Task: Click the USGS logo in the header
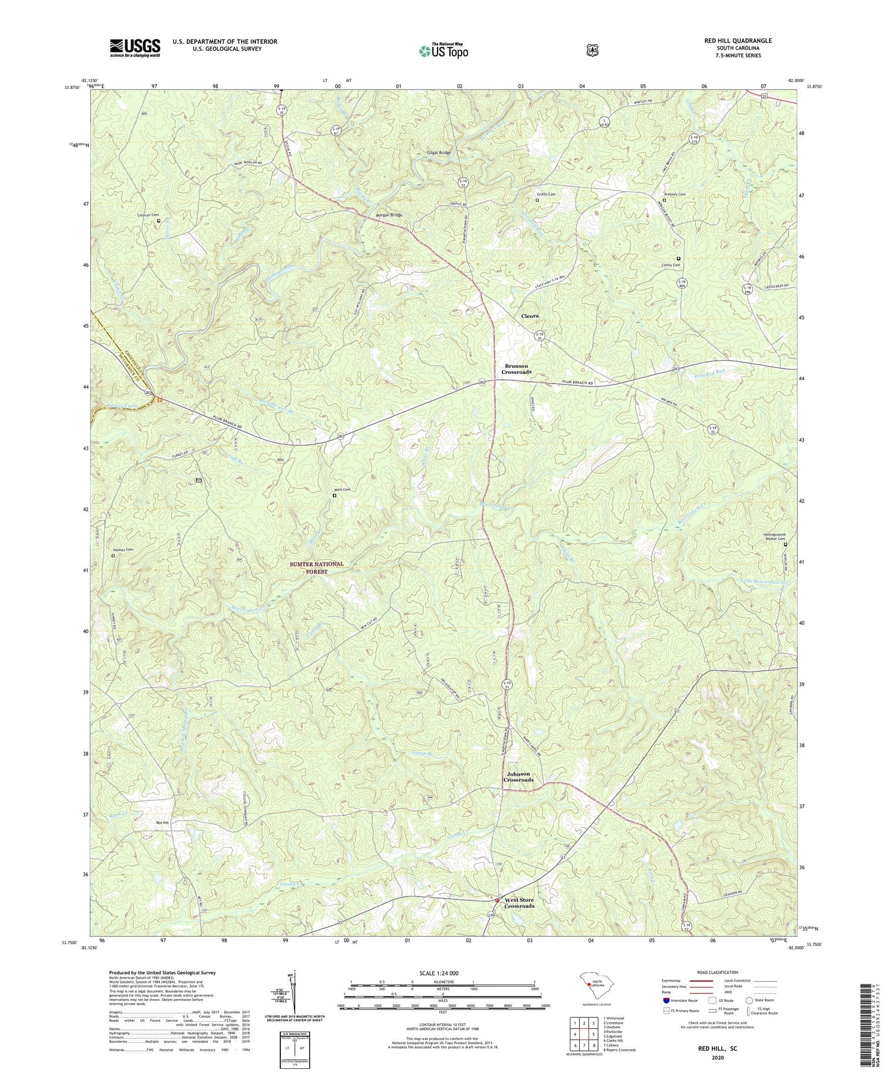(x=135, y=48)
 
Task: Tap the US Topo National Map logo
(x=442, y=50)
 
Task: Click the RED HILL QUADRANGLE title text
(x=737, y=41)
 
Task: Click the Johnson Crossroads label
(x=518, y=777)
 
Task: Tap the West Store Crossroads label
(x=519, y=903)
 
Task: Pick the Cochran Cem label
(x=148, y=215)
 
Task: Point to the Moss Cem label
(x=342, y=490)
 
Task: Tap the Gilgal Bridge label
(x=439, y=153)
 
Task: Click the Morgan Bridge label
(x=389, y=215)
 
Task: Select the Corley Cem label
(x=671, y=265)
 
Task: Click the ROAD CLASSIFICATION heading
(x=718, y=972)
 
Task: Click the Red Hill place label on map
(x=162, y=823)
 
